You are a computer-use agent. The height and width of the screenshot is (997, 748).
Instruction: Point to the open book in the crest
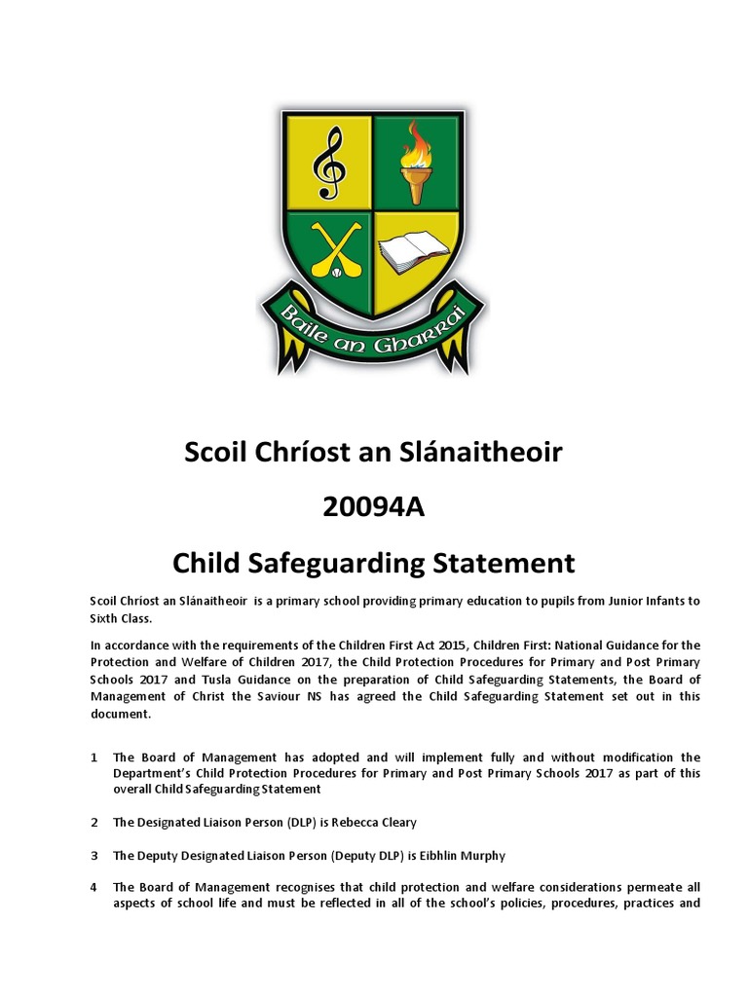click(413, 256)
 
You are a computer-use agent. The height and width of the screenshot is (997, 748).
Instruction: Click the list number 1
click(93, 757)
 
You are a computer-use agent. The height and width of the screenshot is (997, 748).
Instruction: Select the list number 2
click(93, 823)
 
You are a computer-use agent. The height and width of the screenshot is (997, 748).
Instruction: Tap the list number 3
click(93, 855)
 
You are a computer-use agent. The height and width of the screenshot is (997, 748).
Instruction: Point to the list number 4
click(93, 887)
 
